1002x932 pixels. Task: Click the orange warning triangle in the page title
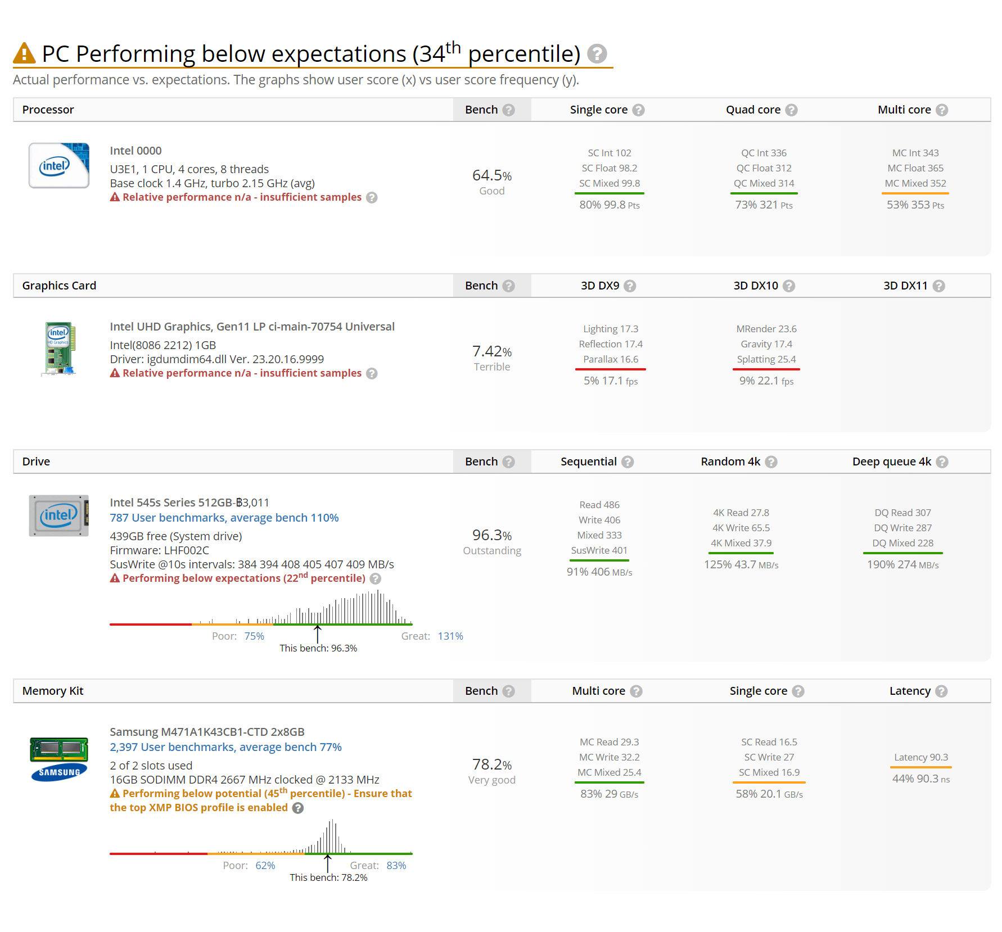24,53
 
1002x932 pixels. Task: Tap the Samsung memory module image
59,759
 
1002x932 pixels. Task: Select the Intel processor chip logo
59,165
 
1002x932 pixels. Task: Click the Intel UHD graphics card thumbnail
59,349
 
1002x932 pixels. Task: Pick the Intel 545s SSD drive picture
59,515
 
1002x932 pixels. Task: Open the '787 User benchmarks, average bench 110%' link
224,518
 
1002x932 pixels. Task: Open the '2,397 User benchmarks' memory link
225,747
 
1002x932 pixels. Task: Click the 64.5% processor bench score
492,175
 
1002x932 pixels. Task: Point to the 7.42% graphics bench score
492,351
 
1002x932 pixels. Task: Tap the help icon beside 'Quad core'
791,110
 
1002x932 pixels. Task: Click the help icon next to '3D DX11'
938,286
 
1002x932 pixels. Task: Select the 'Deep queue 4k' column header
892,462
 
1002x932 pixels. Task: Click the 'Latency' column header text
910,691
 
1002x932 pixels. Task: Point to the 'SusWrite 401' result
599,550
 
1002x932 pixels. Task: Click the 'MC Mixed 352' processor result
915,183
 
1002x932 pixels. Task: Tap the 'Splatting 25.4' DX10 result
766,359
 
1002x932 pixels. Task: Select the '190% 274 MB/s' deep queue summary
903,564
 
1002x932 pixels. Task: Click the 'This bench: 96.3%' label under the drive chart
318,648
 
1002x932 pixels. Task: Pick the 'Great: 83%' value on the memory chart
378,866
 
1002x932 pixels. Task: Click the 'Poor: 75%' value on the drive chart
238,636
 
